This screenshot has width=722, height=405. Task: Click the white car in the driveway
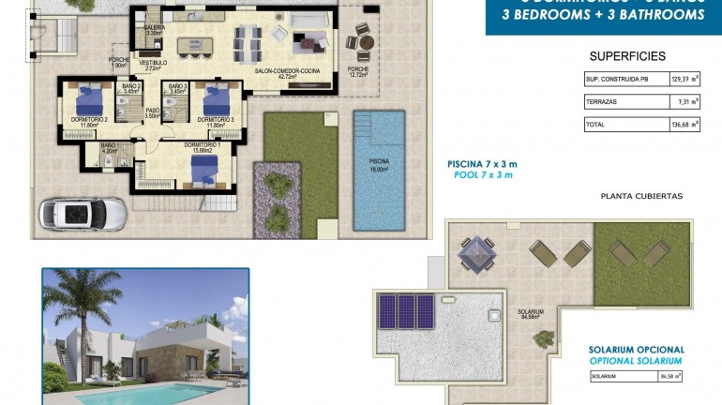(x=83, y=213)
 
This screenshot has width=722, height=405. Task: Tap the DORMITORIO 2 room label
(x=89, y=121)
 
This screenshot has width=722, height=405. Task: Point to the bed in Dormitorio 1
(x=204, y=166)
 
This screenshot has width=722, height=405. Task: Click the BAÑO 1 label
(x=110, y=147)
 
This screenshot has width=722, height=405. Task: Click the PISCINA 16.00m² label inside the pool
(x=379, y=165)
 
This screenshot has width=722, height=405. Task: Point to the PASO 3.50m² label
(x=152, y=113)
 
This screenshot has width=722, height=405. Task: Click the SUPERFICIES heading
(x=627, y=56)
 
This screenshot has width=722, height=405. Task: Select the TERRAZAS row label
(x=603, y=102)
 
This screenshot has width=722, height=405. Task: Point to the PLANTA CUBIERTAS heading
(x=641, y=196)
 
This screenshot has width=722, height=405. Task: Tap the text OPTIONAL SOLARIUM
(x=636, y=361)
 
